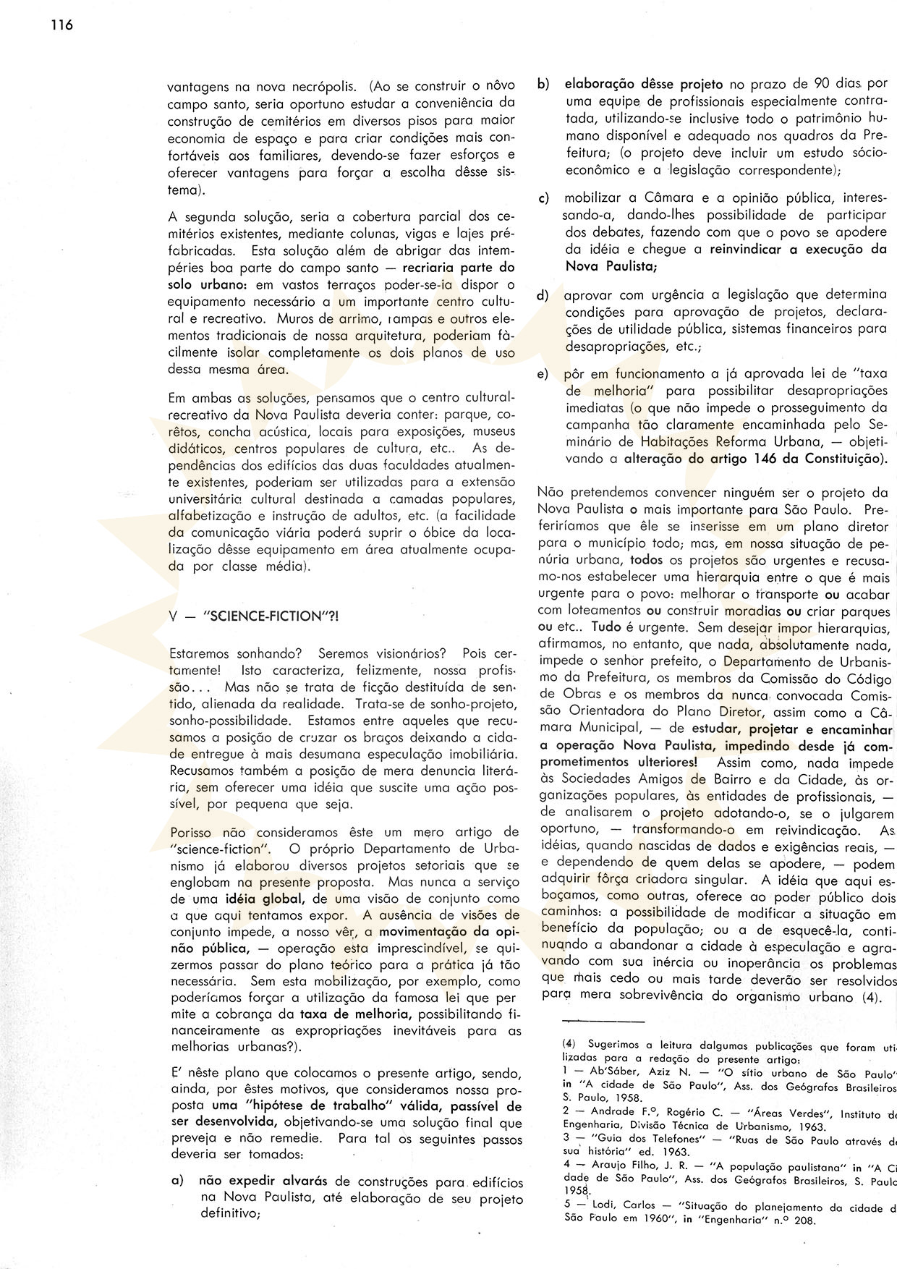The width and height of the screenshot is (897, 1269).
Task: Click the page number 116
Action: (x=61, y=26)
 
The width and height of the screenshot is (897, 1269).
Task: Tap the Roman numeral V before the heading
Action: (x=172, y=616)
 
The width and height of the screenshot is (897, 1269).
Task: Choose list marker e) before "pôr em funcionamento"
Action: (x=543, y=374)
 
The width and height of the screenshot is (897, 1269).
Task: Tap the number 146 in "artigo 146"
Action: (x=752, y=458)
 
